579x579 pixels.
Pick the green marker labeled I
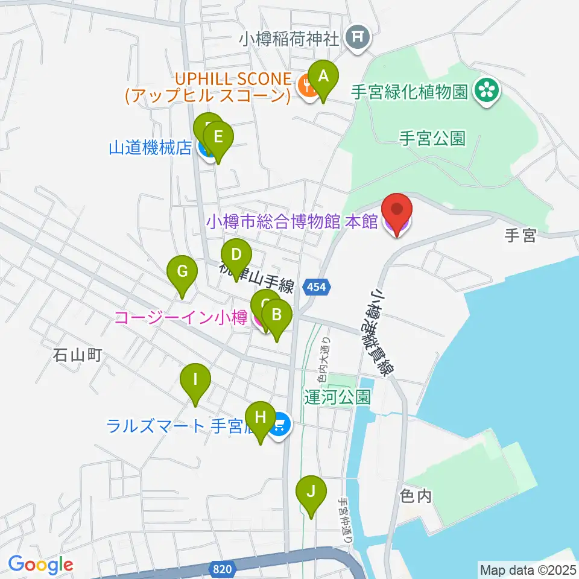(195, 381)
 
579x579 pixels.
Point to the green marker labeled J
(311, 492)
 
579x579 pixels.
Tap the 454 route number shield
(317, 288)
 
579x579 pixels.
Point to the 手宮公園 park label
(432, 139)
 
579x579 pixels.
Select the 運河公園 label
(337, 397)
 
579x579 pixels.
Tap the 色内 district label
(416, 496)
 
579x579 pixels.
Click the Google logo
(40, 565)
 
